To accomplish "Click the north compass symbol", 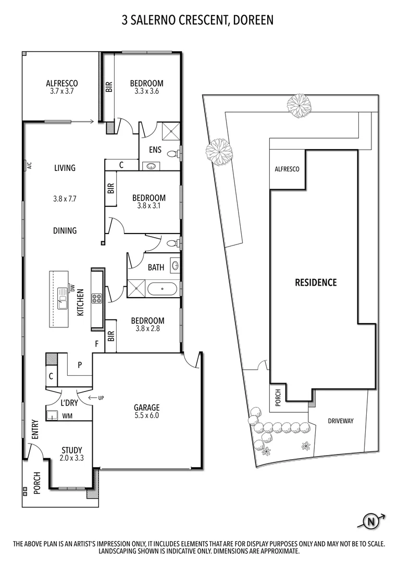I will point(371,521).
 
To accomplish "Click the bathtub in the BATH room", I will point(163,288).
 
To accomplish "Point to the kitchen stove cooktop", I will point(97,299).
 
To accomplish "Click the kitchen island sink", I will point(63,298).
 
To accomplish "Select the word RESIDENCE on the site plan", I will point(316,283).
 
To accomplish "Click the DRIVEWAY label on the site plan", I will point(341,421).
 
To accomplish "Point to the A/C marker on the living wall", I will point(29,166).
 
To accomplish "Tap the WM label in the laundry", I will point(67,416).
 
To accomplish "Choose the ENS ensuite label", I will point(155,150).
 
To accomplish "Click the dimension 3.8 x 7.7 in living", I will point(65,199).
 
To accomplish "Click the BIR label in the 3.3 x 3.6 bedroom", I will point(109,87).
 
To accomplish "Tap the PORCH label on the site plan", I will point(278,399).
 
